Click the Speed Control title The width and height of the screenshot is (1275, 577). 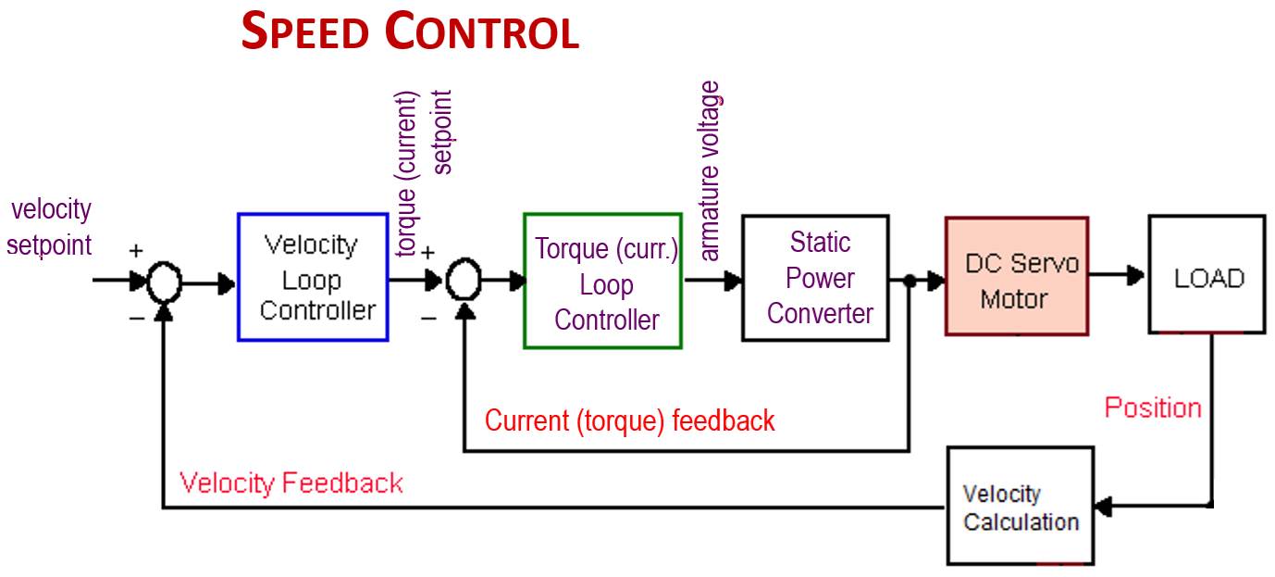pyautogui.click(x=409, y=32)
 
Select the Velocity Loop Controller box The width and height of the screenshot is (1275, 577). pyautogui.click(x=313, y=277)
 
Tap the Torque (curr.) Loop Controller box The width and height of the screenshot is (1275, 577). pyautogui.click(x=602, y=281)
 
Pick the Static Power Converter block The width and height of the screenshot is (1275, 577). pyautogui.click(x=815, y=278)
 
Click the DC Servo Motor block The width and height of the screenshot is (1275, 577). pyautogui.click(x=1016, y=276)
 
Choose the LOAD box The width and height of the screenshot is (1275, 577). pyautogui.click(x=1207, y=274)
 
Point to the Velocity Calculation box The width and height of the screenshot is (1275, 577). pyautogui.click(x=1020, y=507)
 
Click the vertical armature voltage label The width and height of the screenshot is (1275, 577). pyautogui.click(x=710, y=171)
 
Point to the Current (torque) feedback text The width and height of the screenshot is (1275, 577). pyautogui.click(x=629, y=420)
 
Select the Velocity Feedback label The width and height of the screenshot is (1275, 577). pyautogui.click(x=291, y=483)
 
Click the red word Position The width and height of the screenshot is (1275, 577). pyautogui.click(x=1153, y=408)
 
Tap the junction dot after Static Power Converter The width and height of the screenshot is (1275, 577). pyautogui.click(x=910, y=280)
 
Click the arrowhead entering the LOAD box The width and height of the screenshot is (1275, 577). pyautogui.click(x=1137, y=275)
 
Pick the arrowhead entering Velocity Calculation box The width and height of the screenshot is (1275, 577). pyautogui.click(x=1103, y=507)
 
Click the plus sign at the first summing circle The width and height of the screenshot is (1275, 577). pyautogui.click(x=136, y=250)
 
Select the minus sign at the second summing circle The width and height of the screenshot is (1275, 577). pyautogui.click(x=428, y=318)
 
